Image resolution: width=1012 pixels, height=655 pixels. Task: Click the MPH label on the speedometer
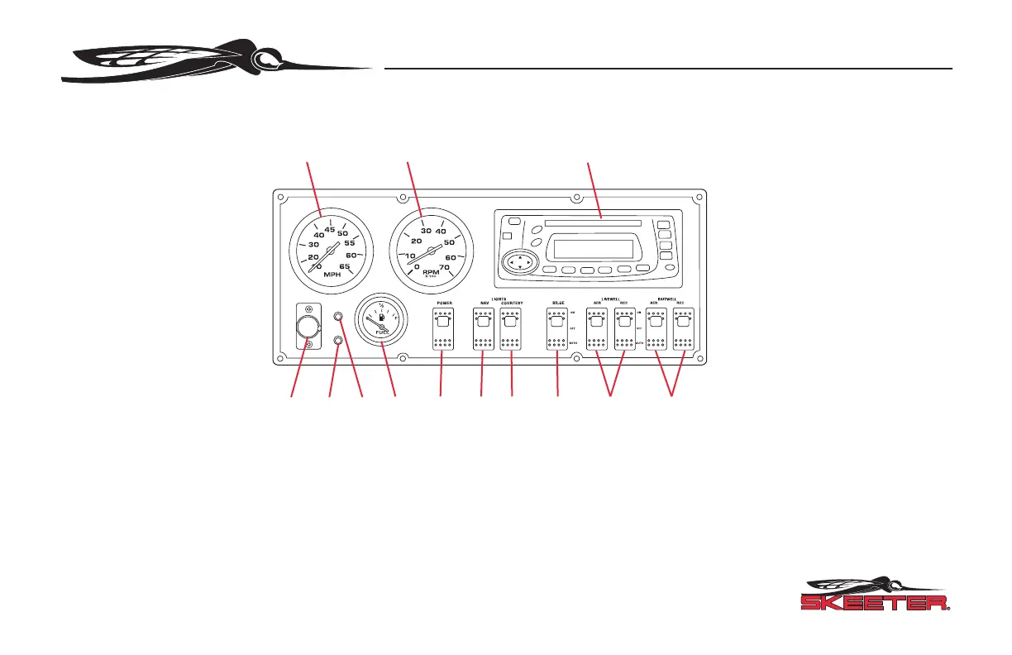pos(331,275)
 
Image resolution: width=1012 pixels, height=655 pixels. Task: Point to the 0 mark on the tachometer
pos(417,267)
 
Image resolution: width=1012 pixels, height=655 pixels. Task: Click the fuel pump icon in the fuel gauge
pos(379,317)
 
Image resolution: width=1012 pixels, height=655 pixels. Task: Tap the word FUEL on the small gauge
pos(381,332)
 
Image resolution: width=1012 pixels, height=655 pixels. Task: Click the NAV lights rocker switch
pos(482,330)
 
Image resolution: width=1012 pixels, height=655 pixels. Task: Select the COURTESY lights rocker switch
pos(512,330)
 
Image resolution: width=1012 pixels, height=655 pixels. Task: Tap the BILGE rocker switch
pos(558,330)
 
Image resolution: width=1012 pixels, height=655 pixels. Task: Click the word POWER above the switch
pos(444,304)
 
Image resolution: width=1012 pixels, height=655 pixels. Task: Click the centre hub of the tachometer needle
pos(431,248)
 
